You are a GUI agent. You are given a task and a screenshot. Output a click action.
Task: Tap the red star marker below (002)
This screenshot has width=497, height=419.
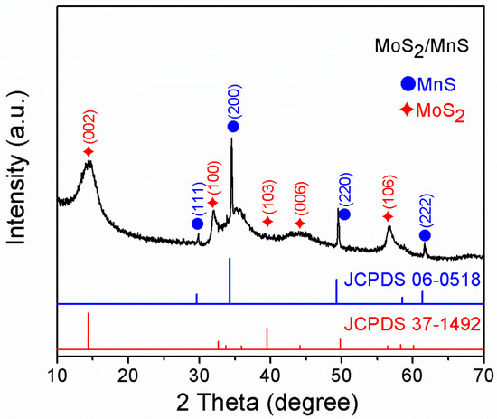click(89, 151)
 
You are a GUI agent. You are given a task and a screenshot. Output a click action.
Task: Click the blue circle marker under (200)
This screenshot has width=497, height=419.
click(232, 127)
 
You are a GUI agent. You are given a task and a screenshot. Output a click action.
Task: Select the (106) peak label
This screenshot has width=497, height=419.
click(389, 194)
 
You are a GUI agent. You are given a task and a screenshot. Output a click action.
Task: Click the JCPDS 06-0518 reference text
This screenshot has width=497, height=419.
click(411, 279)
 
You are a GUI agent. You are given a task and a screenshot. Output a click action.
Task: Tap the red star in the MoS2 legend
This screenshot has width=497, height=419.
click(408, 110)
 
